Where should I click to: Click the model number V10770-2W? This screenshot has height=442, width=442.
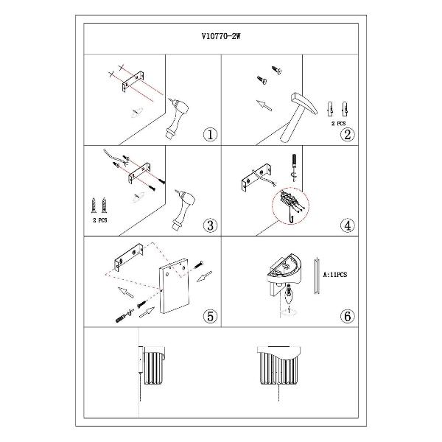click(x=221, y=36)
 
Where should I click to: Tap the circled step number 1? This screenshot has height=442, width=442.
click(x=210, y=135)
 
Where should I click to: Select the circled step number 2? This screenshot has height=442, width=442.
click(x=347, y=135)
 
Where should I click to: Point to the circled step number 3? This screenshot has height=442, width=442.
click(x=210, y=225)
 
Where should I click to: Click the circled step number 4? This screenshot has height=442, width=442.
click(x=347, y=225)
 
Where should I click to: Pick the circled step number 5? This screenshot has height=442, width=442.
click(x=210, y=316)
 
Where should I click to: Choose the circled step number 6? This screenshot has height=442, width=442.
click(x=347, y=316)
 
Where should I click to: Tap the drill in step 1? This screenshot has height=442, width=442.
click(x=177, y=118)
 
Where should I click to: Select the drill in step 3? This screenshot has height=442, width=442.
click(x=183, y=209)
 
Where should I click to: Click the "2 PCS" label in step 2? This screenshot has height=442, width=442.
click(x=338, y=124)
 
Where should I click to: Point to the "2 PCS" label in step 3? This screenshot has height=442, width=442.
click(x=100, y=220)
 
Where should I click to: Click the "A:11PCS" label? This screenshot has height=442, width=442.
click(x=335, y=275)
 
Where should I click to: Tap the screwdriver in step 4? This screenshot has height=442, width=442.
click(x=294, y=166)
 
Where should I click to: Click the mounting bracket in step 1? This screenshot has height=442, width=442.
click(x=133, y=82)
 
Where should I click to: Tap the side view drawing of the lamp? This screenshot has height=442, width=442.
click(x=152, y=365)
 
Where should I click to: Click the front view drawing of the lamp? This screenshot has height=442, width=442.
click(x=278, y=365)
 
